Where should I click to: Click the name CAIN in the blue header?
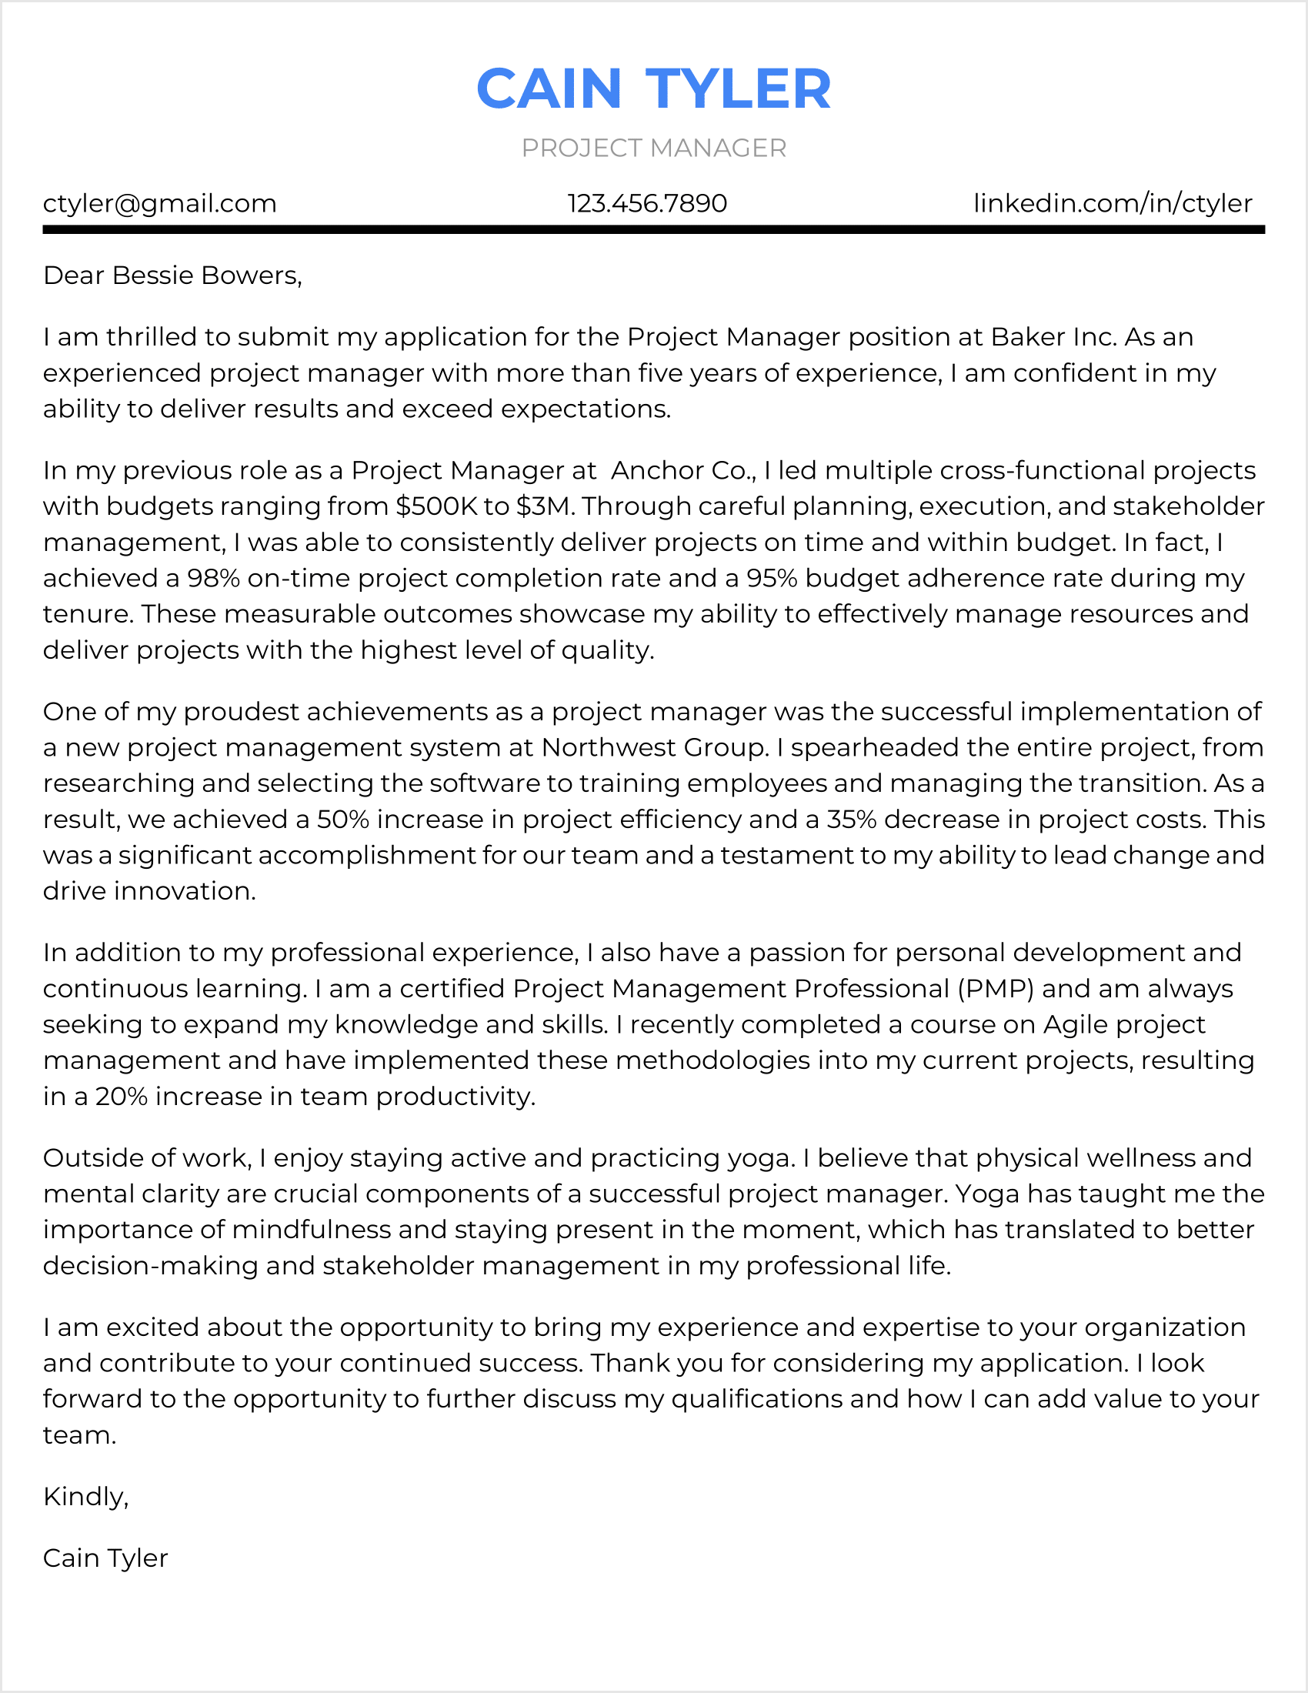(549, 89)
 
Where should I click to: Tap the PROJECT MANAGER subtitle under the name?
(653, 148)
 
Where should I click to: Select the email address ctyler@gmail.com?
(159, 204)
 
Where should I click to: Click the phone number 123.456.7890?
(647, 204)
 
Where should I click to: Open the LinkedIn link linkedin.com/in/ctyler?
(1112, 204)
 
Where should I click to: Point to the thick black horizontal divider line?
(653, 229)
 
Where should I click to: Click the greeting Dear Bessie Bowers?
(172, 276)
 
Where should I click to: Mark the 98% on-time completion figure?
(213, 578)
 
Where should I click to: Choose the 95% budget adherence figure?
(772, 578)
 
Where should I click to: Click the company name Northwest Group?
(655, 747)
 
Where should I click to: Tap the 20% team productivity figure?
(121, 1097)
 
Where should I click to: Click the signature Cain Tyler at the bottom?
(105, 1558)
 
